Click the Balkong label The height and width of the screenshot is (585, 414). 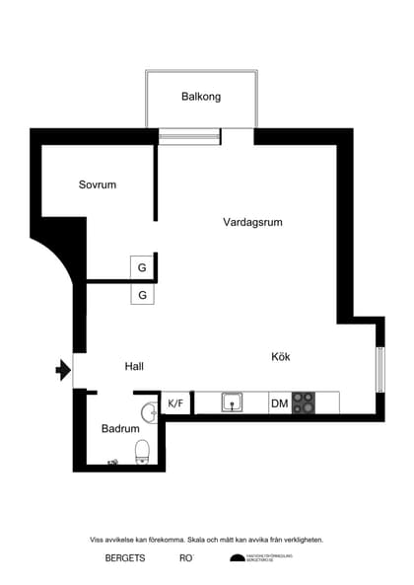pyautogui.click(x=201, y=97)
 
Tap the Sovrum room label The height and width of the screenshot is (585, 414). pyautogui.click(x=98, y=184)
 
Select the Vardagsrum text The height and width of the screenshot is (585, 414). pyautogui.click(x=252, y=222)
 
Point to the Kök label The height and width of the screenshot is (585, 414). pyautogui.click(x=281, y=356)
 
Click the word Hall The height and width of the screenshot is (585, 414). pyautogui.click(x=134, y=366)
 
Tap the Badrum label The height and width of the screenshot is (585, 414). pyautogui.click(x=120, y=429)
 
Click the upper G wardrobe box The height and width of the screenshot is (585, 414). pyautogui.click(x=142, y=267)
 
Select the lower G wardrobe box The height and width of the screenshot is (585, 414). pyautogui.click(x=142, y=294)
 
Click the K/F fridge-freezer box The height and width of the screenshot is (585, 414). pyautogui.click(x=175, y=402)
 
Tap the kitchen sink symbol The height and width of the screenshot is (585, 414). pyautogui.click(x=234, y=402)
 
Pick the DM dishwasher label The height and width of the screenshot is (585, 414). pyautogui.click(x=279, y=402)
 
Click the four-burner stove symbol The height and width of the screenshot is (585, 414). pyautogui.click(x=304, y=402)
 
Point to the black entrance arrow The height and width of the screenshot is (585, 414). pyautogui.click(x=63, y=370)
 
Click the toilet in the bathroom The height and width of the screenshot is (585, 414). pyautogui.click(x=142, y=451)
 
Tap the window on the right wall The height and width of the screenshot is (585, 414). pyautogui.click(x=379, y=370)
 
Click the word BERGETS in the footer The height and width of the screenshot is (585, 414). pyautogui.click(x=125, y=558)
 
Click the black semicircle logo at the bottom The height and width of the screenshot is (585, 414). pyautogui.click(x=237, y=558)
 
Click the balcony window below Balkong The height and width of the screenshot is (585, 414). pyautogui.click(x=189, y=136)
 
